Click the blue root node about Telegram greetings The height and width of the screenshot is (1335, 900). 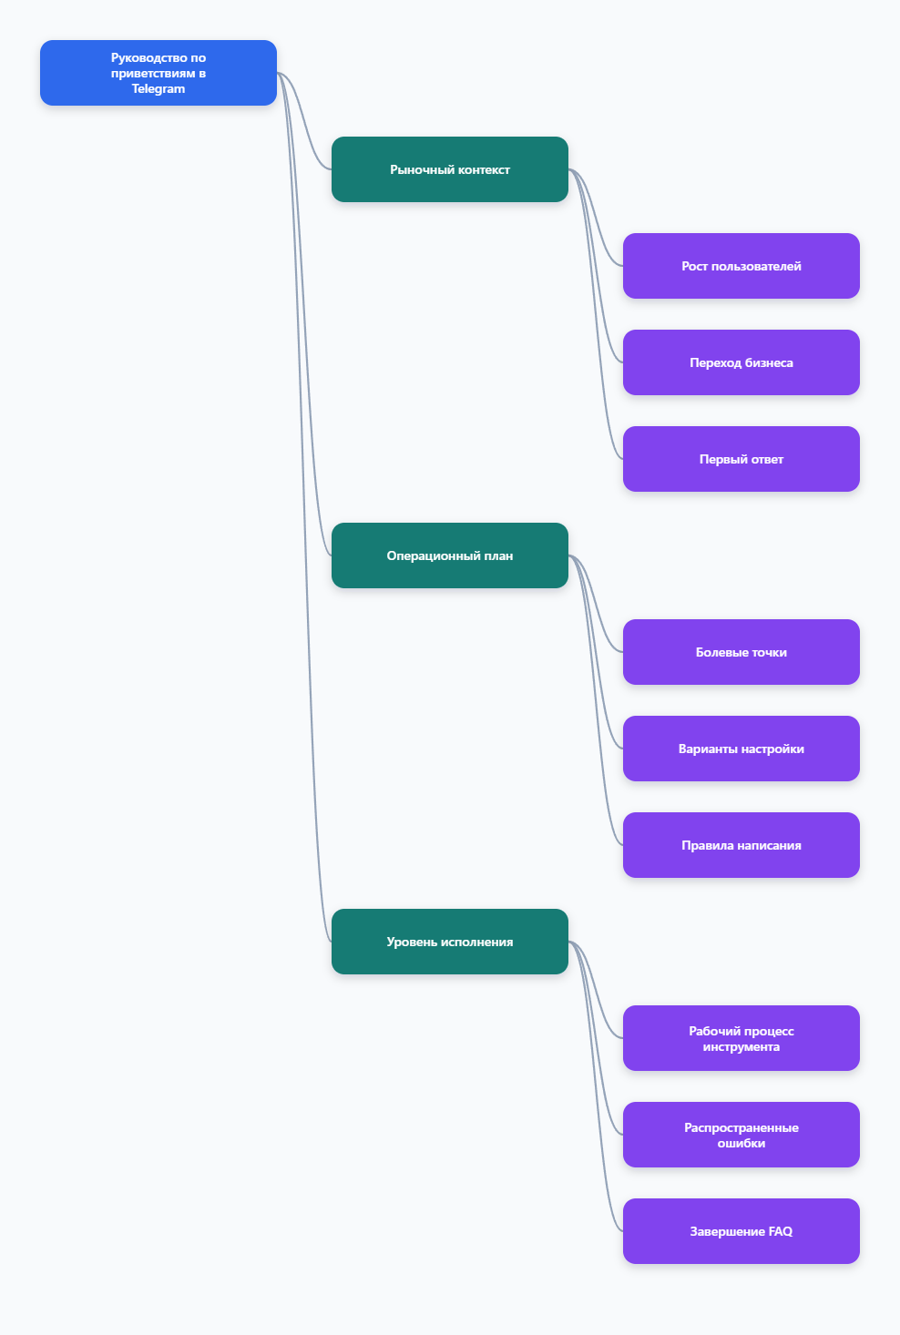pos(158,73)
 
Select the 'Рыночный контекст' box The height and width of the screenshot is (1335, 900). pos(449,169)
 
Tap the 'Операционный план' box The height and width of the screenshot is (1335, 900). pos(449,555)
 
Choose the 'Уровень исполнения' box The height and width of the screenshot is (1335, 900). pos(449,942)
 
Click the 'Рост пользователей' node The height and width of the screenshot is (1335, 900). pos(741,266)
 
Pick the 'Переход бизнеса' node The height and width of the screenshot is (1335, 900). pos(741,362)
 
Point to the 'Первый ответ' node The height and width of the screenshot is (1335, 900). pos(741,459)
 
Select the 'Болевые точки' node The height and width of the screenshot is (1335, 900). pos(741,652)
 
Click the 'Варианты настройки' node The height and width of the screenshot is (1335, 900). pos(741,749)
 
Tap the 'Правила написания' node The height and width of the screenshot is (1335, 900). pos(741,845)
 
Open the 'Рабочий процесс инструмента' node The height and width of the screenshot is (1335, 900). pos(741,1038)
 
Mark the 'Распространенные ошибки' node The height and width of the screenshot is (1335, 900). pos(741,1135)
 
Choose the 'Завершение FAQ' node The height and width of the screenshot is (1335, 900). pos(741,1231)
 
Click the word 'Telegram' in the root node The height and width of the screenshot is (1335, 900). pos(158,89)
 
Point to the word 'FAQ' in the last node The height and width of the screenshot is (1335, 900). pos(780,1231)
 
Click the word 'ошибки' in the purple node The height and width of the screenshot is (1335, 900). pos(741,1143)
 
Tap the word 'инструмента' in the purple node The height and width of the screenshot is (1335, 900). pos(741,1046)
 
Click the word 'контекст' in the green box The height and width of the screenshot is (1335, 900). pos(482,170)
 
